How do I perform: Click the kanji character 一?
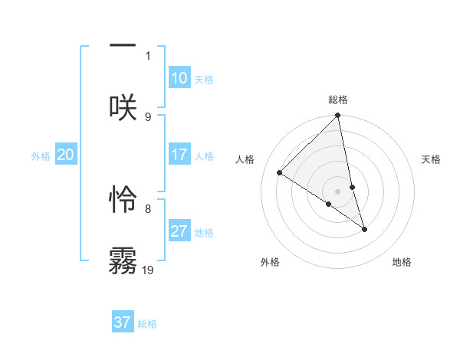click(x=123, y=45)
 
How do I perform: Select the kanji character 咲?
click(x=123, y=107)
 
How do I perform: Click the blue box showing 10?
click(x=179, y=78)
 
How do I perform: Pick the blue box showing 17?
click(x=179, y=155)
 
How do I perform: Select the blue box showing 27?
click(x=179, y=231)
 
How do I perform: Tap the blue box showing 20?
click(x=65, y=155)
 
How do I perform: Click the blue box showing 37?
click(x=123, y=322)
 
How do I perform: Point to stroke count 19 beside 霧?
click(x=148, y=270)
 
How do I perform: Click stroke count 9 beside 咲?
click(x=148, y=116)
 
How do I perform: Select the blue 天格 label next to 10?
click(x=204, y=80)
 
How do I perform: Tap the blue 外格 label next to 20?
click(x=41, y=156)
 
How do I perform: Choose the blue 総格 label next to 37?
click(x=147, y=324)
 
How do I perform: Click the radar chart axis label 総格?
click(x=338, y=100)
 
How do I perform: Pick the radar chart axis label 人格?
click(x=245, y=159)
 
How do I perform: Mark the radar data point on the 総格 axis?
click(x=338, y=116)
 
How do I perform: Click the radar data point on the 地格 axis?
click(x=364, y=229)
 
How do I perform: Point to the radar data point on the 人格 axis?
click(x=280, y=172)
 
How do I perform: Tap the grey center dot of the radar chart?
click(x=338, y=191)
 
